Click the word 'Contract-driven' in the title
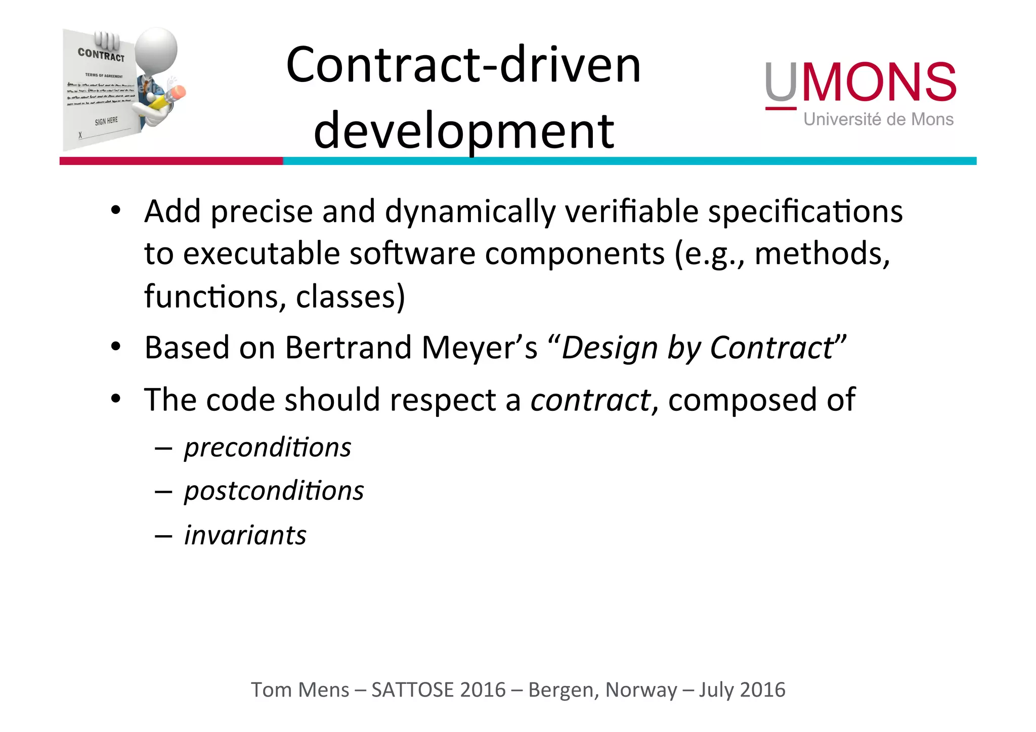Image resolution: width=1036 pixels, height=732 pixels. tap(463, 66)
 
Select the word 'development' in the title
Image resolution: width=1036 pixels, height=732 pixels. tap(463, 132)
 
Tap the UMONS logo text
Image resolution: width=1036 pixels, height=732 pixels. tap(860, 82)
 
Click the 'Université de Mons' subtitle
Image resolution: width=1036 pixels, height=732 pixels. tap(878, 119)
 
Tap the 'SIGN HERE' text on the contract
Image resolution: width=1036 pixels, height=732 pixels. tap(106, 121)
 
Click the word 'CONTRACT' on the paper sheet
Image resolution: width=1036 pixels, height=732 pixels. tap(101, 55)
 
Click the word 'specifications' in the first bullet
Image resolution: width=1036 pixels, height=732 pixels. tap(805, 211)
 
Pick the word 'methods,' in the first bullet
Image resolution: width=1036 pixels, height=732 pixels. tap(822, 253)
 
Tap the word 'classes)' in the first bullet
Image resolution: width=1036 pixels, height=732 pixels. tap(350, 296)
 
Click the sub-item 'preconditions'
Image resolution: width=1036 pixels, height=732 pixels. tap(268, 447)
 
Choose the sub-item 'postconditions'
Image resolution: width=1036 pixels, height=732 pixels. tap(274, 491)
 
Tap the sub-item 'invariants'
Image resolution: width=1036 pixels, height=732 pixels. tap(245, 535)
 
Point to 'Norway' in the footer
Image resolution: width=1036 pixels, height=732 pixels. tap(641, 690)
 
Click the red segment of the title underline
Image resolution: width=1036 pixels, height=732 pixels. tap(171, 161)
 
